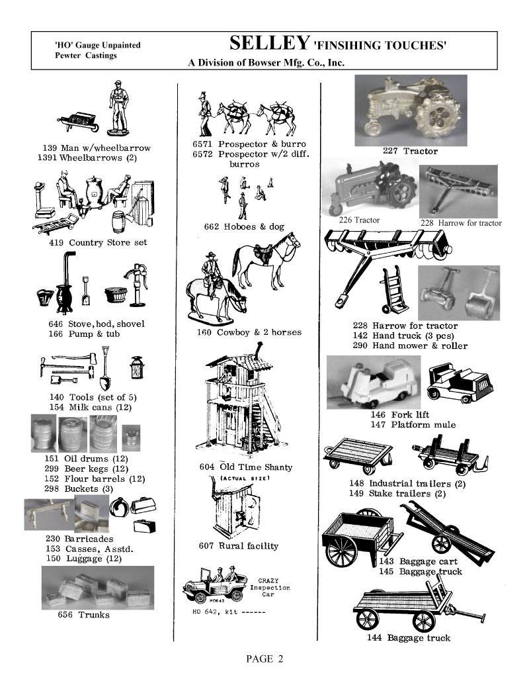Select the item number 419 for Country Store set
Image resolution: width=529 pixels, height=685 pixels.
[x=56, y=243]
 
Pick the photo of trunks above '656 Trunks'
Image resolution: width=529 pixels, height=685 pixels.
[x=97, y=587]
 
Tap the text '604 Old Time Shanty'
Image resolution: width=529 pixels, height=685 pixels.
[x=245, y=467]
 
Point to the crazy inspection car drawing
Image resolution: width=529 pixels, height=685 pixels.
[x=213, y=588]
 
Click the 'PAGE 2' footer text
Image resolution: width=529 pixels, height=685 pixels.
[x=264, y=659]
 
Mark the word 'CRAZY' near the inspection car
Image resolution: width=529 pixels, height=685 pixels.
[x=266, y=580]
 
